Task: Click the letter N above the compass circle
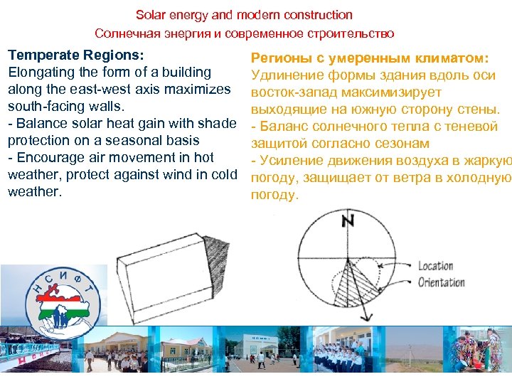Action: (348, 220)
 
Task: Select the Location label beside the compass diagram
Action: (435, 266)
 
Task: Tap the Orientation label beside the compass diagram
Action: (441, 282)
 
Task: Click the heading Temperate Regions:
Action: (75, 55)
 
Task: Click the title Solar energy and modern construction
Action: (244, 15)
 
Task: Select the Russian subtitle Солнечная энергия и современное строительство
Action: (244, 33)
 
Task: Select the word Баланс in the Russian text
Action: (283, 127)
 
